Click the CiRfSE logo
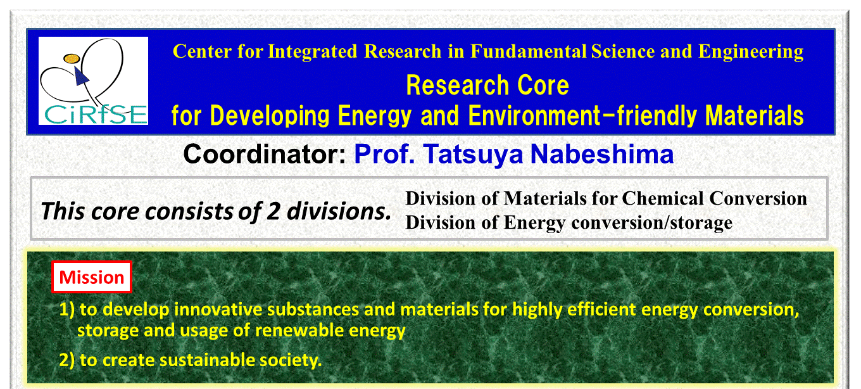coord(94,81)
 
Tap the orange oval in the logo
coord(72,58)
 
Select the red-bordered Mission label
coord(92,277)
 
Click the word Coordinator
coord(265,154)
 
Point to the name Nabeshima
coord(602,154)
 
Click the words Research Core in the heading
coord(487,85)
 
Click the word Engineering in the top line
coord(751,51)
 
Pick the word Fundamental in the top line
coord(529,51)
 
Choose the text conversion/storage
coord(652,223)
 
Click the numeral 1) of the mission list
coord(67,309)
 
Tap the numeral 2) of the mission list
coord(67,360)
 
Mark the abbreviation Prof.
coord(385,154)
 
